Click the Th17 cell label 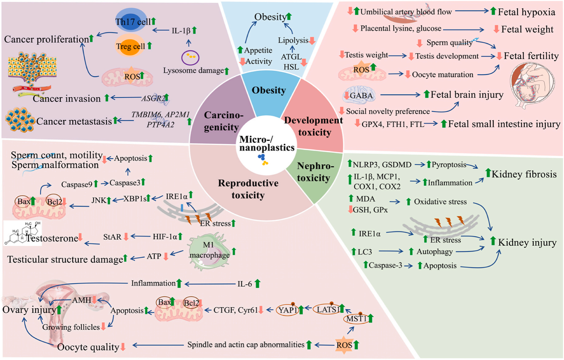coord(133,22)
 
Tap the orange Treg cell coord(130,46)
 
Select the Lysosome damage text coord(193,70)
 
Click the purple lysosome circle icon coord(190,57)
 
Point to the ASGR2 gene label coord(153,98)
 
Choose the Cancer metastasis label coord(74,121)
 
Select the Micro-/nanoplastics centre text coord(267,144)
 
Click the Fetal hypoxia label coord(526,12)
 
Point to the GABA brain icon coord(359,95)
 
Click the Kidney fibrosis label coord(524,174)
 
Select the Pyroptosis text coord(449,165)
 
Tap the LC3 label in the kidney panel coord(365,252)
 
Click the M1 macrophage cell coord(209,251)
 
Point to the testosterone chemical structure coord(22,233)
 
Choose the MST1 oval coord(357,319)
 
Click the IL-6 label coord(245,284)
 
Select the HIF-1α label coord(165,237)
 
